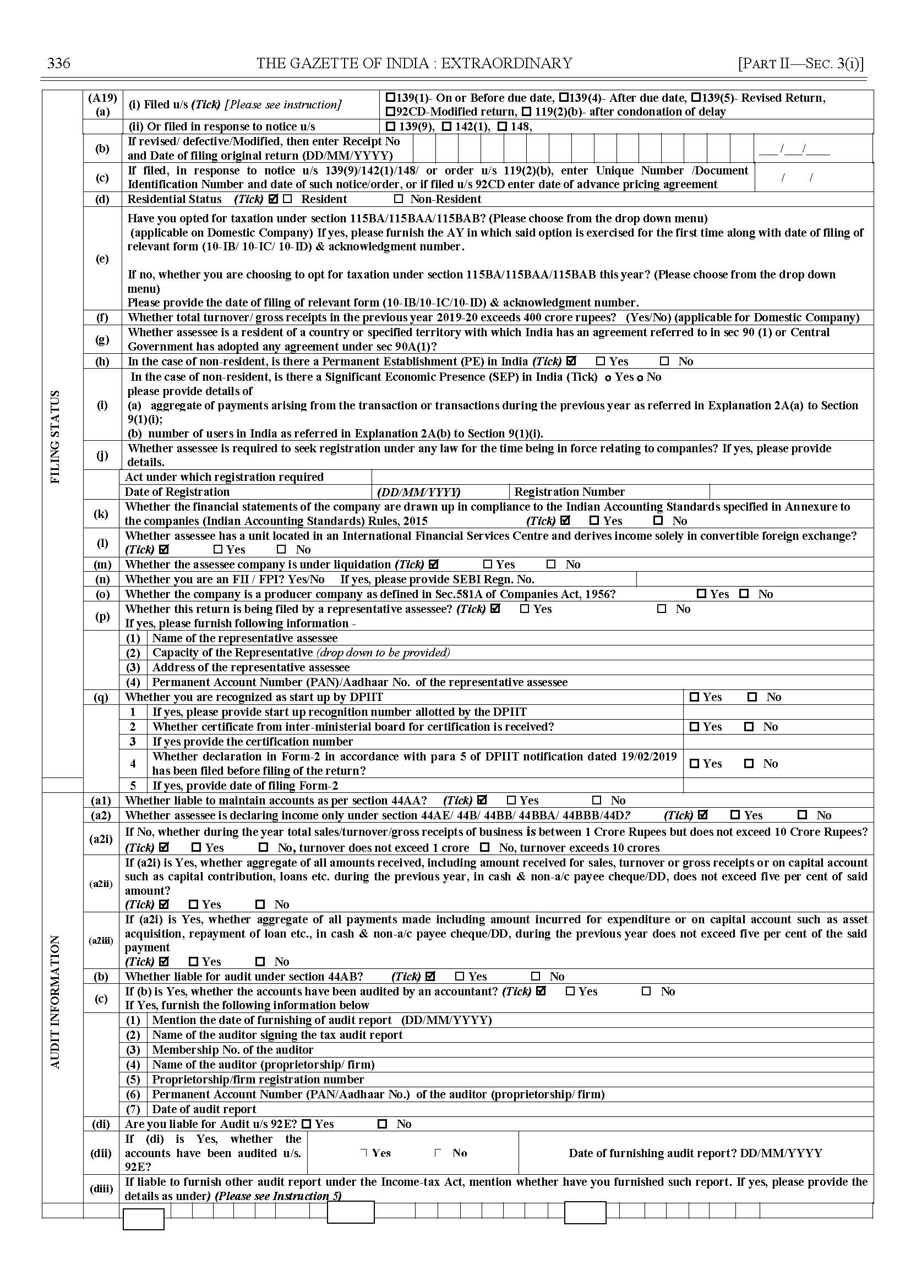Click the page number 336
[59, 63]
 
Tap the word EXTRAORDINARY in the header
[506, 63]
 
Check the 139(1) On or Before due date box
[391, 97]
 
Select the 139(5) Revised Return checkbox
[696, 97]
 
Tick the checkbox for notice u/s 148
[503, 127]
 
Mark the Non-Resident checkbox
[399, 199]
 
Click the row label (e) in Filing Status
[102, 259]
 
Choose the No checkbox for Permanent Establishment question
[665, 362]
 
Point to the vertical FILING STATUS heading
[55, 437]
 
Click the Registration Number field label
[569, 492]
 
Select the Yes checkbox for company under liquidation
[488, 564]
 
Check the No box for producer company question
[744, 594]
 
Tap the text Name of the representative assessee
[244, 638]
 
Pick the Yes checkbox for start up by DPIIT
[695, 697]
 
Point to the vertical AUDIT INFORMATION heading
[55, 1001]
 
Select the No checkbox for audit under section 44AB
[536, 976]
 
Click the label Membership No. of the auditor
[232, 1049]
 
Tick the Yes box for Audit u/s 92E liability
[306, 1124]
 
